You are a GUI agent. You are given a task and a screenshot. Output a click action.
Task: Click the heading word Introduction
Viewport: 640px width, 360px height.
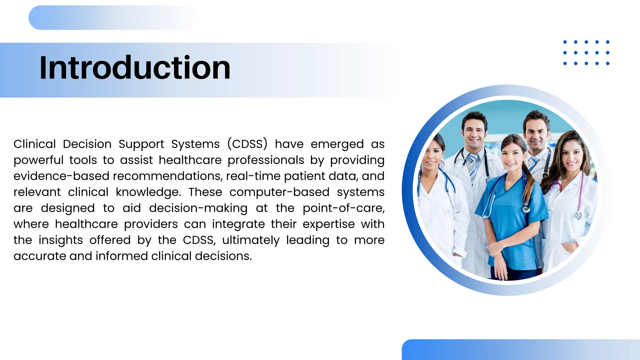[x=135, y=68]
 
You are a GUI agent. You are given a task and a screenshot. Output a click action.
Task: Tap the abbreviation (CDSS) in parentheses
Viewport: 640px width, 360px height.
[x=247, y=144]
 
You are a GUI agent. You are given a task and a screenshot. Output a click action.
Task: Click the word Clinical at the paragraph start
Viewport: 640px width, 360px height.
[x=34, y=144]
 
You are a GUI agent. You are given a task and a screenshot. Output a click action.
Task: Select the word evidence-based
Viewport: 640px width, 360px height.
[x=61, y=176]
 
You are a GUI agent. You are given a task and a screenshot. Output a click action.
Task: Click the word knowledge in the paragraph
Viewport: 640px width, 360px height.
[x=148, y=192]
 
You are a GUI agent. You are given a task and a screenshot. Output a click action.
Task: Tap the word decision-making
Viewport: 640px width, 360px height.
[x=198, y=208]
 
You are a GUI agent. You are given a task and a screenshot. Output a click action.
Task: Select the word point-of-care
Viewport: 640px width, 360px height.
[x=343, y=208]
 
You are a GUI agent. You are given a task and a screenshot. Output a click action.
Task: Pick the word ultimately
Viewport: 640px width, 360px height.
[x=251, y=240]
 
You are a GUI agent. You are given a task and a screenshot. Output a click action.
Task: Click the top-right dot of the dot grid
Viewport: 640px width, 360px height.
[x=607, y=42]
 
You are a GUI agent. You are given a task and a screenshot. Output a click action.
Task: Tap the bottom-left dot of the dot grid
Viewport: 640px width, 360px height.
[x=565, y=63]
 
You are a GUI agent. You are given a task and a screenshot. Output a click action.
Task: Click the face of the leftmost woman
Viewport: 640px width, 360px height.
[x=433, y=155]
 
